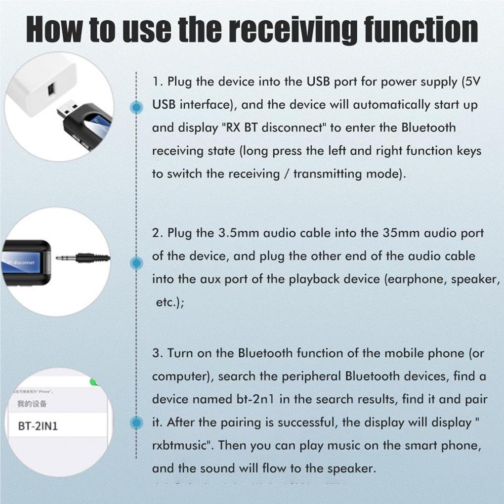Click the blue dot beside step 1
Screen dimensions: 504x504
136,107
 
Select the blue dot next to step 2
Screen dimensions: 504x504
136,263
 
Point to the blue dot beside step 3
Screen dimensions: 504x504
136,422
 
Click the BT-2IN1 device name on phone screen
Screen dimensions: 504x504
38,426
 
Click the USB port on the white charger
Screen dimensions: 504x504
51,90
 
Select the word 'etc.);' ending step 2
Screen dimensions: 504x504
170,302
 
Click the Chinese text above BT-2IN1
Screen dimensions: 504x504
32,404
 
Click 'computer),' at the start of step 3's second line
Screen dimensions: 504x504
182,377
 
